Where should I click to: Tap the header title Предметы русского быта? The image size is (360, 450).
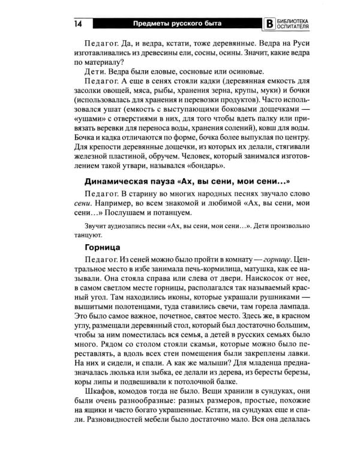click(177, 23)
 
